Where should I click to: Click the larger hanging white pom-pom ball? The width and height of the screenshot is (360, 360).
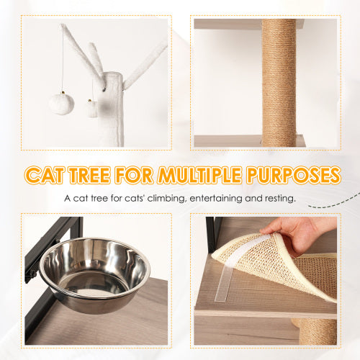[61, 103]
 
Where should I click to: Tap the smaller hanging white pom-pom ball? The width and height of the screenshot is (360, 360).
[92, 109]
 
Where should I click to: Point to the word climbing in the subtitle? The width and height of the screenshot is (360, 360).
[166, 197]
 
